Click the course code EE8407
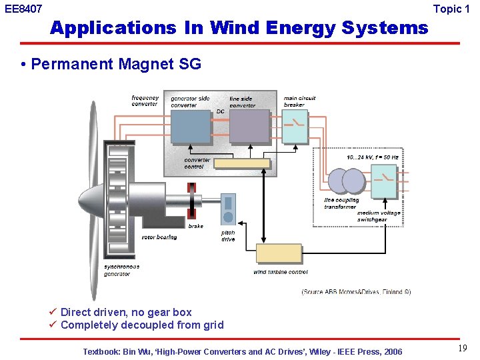(x=23, y=9)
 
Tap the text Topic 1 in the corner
(x=456, y=9)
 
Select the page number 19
(x=462, y=348)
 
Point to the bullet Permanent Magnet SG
(x=115, y=64)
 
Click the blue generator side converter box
(x=191, y=127)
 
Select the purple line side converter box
(x=249, y=127)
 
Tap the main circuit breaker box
(x=295, y=126)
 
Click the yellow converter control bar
(x=241, y=163)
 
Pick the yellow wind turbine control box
(x=279, y=254)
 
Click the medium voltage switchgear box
(x=383, y=182)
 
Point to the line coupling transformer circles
(x=345, y=181)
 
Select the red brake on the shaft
(x=192, y=201)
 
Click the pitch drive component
(x=228, y=209)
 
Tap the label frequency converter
(x=145, y=101)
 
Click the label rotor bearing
(x=159, y=237)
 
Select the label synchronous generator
(x=122, y=270)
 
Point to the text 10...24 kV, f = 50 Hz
(x=373, y=157)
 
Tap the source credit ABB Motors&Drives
(x=356, y=291)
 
